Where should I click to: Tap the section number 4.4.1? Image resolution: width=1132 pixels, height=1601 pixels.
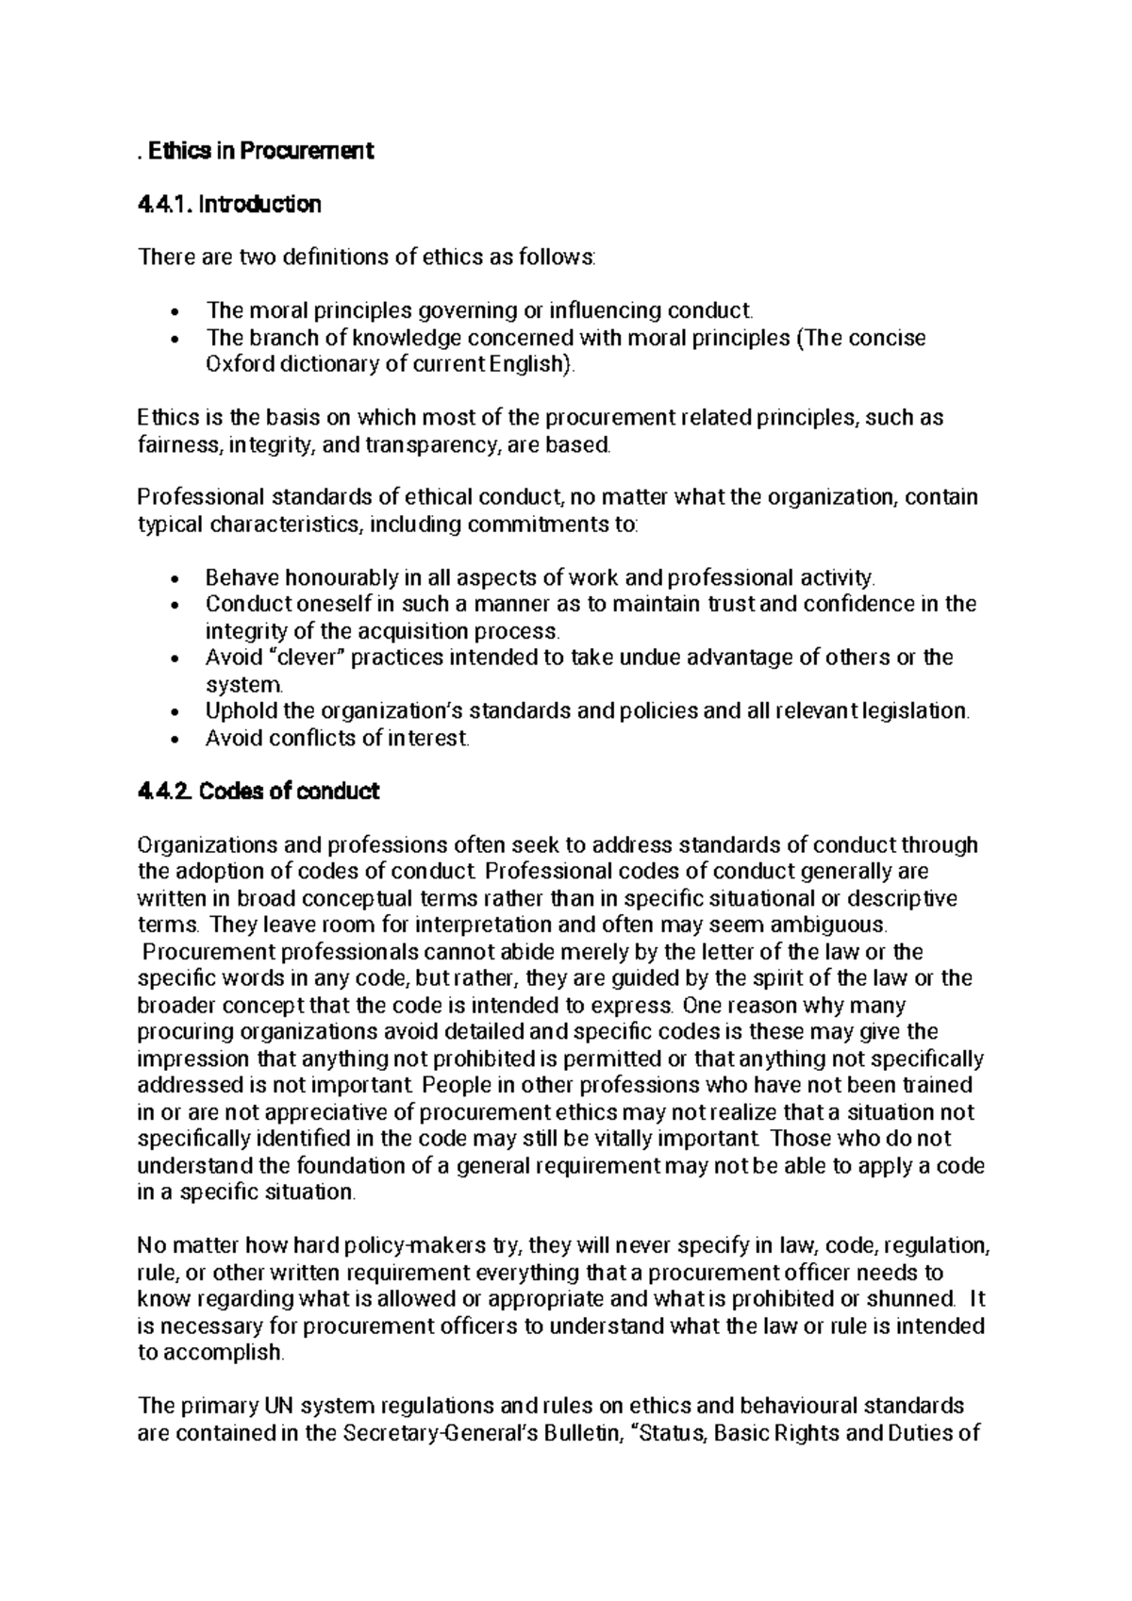click(x=164, y=204)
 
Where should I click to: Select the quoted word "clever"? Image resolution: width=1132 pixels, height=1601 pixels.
click(x=305, y=657)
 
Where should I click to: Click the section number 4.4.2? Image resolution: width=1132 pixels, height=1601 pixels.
click(x=166, y=791)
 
